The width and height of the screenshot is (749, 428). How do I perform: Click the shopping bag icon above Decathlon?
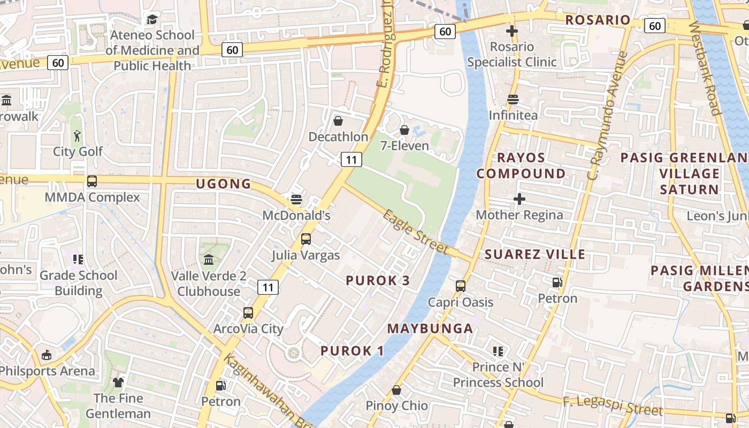point(338,121)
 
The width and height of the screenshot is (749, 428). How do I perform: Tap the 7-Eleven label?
point(404,146)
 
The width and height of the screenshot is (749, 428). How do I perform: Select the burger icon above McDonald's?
point(296,200)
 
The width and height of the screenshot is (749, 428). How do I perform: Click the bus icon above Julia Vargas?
point(306,239)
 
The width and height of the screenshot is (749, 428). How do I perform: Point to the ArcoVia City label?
point(248,328)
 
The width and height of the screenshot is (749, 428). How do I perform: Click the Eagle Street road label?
point(416,232)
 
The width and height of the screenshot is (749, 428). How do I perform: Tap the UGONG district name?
point(224,184)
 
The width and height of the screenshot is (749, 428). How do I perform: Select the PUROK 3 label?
point(378,280)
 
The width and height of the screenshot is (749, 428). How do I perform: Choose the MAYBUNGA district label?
point(430,328)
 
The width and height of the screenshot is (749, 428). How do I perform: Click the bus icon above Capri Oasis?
point(461,286)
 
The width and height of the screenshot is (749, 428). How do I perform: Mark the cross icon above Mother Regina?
point(519,199)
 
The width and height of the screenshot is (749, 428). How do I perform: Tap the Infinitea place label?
point(513,115)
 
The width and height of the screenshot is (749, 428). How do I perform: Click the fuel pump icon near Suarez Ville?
point(557,282)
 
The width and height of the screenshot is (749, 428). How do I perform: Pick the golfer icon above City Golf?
point(78,136)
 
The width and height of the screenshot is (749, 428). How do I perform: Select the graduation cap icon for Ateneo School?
point(152,20)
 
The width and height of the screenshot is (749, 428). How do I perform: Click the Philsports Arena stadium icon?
point(47,355)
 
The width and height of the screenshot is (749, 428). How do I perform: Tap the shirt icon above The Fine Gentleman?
point(118,382)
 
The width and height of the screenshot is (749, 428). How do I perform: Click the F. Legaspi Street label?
point(612,406)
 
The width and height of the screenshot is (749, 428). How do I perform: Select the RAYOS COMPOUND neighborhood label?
point(521,166)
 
